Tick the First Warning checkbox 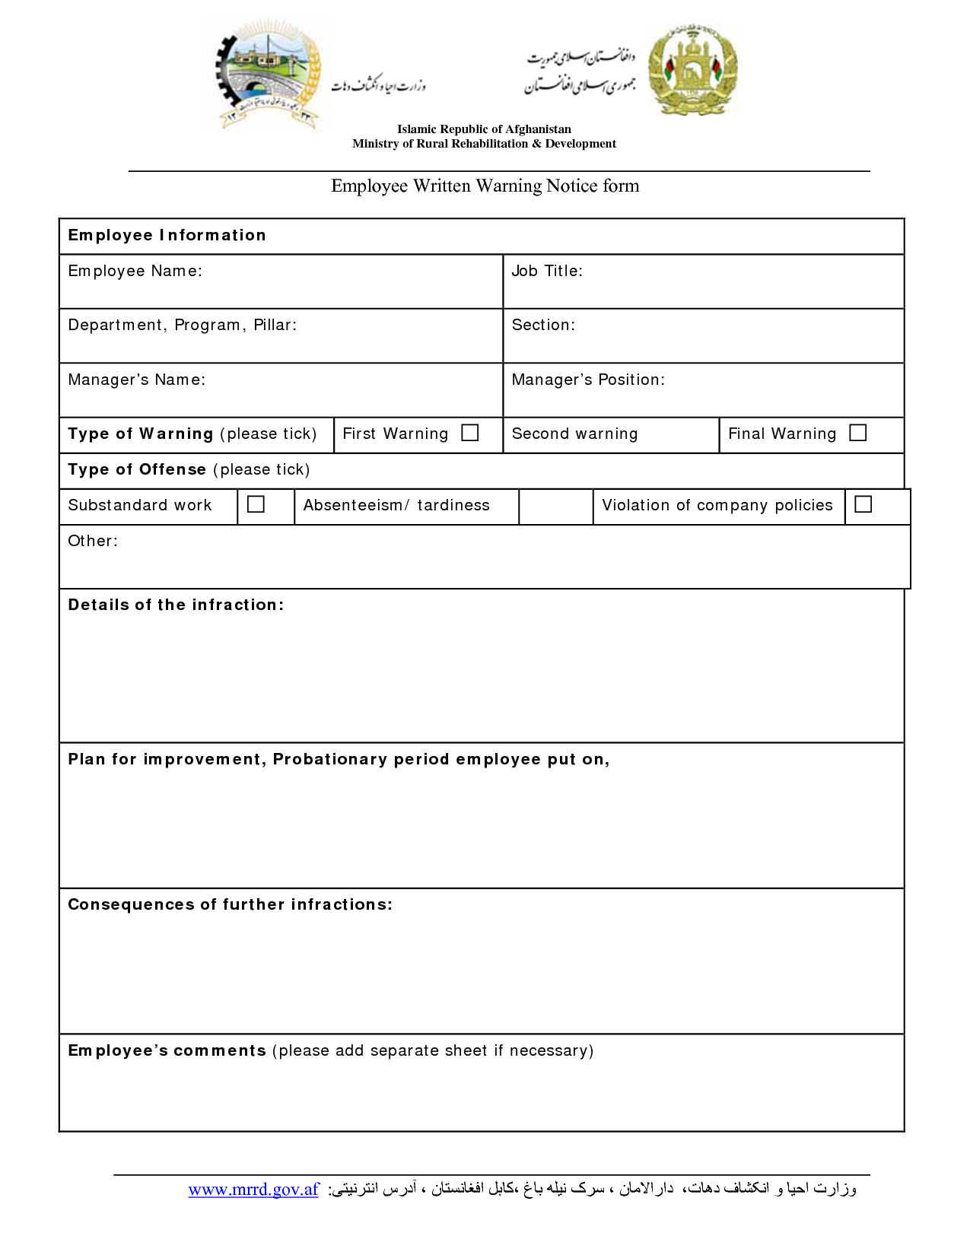[x=470, y=433]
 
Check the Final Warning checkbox [x=857, y=433]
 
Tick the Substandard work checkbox [x=256, y=504]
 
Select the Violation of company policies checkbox [x=863, y=504]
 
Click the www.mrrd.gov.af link [x=253, y=1190]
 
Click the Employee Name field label [x=135, y=272]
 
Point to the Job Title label [x=546, y=272]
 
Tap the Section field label [x=543, y=326]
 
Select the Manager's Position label [x=588, y=380]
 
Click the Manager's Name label [x=136, y=380]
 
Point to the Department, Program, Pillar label [x=182, y=326]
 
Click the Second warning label [x=574, y=434]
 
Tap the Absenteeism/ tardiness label [x=396, y=506]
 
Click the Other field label [x=93, y=542]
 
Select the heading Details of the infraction [x=176, y=605]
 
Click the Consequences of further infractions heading [x=230, y=905]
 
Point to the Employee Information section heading [x=167, y=236]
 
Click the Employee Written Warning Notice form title [x=485, y=186]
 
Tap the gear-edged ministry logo [x=266, y=74]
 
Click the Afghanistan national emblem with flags [x=692, y=71]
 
